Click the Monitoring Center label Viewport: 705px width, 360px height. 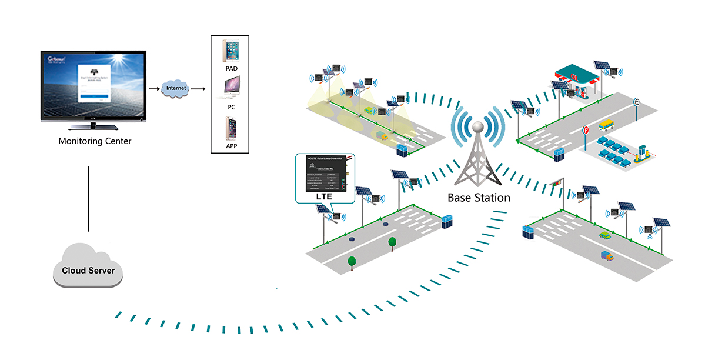pos(95,141)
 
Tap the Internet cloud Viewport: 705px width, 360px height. pos(176,88)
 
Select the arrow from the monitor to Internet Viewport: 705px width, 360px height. pos(154,89)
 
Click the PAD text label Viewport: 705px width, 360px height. pos(231,69)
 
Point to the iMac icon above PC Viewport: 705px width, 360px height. pos(230,89)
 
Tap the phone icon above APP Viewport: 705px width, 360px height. pos(230,128)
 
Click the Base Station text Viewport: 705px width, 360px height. pos(479,198)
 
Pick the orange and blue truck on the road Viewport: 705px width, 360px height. pos(607,256)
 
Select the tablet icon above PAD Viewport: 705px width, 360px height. pos(230,51)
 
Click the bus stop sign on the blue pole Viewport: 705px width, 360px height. pos(637,102)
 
